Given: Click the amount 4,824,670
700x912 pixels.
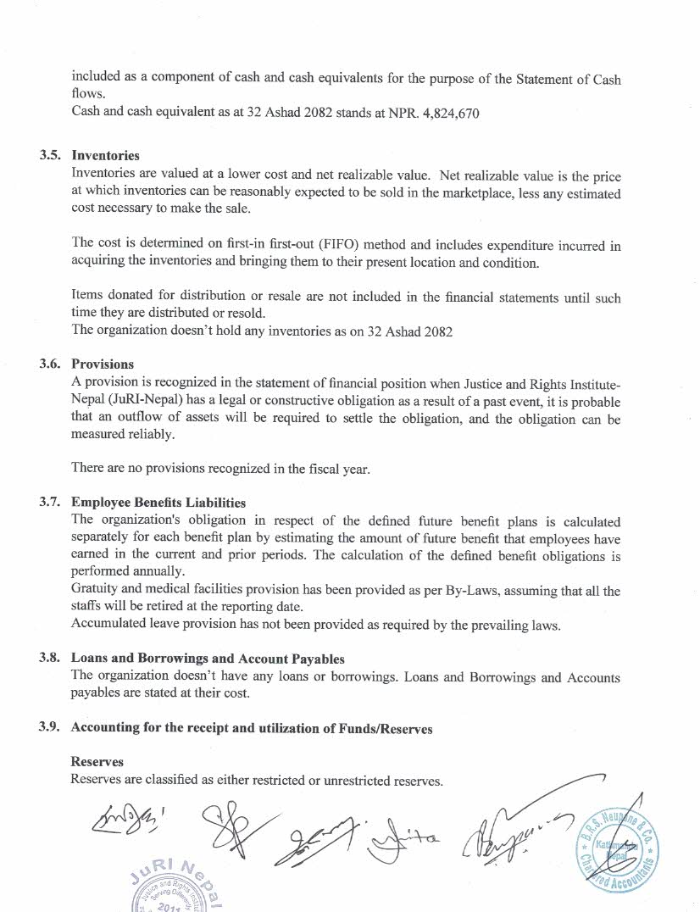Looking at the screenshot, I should pos(448,114).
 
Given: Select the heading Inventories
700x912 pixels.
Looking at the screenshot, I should pos(106,156).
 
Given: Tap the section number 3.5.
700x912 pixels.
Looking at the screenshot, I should pos(51,156).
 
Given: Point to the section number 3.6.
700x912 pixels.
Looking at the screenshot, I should pos(51,364).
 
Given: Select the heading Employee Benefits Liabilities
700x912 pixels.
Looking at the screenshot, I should pos(158,503).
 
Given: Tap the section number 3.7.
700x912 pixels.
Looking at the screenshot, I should pos(51,503).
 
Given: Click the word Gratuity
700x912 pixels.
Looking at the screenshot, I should pos(94,591).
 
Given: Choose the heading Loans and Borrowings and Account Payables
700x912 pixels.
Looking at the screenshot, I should pos(208,659).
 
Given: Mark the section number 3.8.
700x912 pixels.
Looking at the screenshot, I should pos(51,659).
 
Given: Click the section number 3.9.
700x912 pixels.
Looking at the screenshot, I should pos(51,728).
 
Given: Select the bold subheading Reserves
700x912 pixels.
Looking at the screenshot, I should pos(97,762).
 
